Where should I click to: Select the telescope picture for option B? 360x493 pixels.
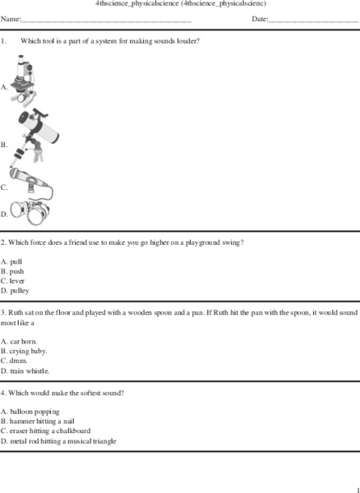click(34, 132)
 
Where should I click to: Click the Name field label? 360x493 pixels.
click(11, 18)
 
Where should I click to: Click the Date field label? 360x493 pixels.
click(260, 18)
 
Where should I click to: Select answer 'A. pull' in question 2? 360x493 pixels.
click(12, 261)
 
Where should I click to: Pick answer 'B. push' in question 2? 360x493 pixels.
click(12, 271)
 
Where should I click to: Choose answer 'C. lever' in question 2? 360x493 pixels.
click(13, 281)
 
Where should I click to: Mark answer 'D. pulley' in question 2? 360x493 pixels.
click(15, 291)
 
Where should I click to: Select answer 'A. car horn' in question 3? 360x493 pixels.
click(19, 341)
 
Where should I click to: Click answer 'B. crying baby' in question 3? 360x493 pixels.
click(24, 351)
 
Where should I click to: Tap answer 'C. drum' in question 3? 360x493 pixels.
click(15, 361)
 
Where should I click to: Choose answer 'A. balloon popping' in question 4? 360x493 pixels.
click(30, 412)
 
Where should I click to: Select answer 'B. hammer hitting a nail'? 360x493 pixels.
click(39, 421)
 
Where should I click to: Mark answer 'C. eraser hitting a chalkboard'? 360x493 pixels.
click(46, 431)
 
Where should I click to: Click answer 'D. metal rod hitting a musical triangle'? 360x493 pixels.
click(58, 440)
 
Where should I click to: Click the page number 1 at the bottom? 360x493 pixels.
click(357, 489)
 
